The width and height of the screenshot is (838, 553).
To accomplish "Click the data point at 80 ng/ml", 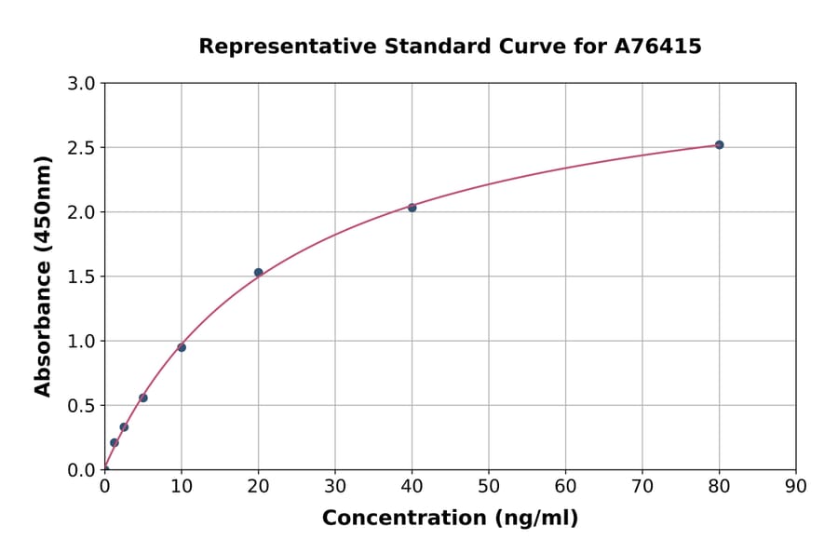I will [x=719, y=145].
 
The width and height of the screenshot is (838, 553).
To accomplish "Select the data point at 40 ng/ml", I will [x=412, y=208].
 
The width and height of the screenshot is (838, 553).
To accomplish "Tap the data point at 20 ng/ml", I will [x=258, y=273].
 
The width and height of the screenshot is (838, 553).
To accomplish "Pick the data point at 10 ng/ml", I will [x=182, y=347].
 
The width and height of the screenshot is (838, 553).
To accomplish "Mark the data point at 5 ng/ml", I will [x=143, y=398].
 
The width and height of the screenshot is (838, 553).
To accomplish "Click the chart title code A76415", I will [x=658, y=47].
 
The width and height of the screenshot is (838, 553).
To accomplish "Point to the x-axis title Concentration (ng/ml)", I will [x=450, y=519].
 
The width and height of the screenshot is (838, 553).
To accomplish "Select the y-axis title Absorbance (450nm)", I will [x=43, y=276].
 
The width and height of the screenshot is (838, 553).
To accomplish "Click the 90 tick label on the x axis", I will [x=795, y=486].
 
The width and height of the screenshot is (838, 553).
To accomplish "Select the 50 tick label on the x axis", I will [x=488, y=486].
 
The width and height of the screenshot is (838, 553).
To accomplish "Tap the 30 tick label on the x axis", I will [x=334, y=486].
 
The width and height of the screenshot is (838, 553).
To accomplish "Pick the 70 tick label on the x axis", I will [x=642, y=486].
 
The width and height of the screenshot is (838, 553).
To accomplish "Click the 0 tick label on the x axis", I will [x=104, y=486].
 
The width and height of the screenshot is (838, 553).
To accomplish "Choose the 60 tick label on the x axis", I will [x=565, y=486].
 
